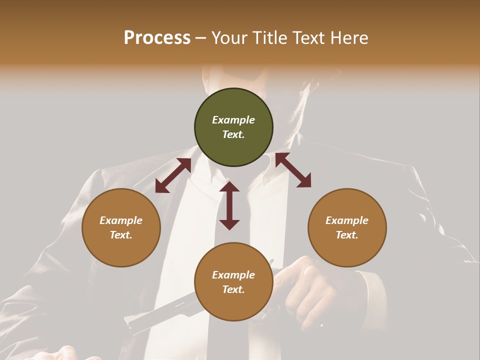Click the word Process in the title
[157, 38]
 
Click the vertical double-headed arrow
[229, 205]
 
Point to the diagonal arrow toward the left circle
[173, 175]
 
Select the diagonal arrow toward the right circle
[293, 170]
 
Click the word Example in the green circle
[233, 120]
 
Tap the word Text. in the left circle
[121, 235]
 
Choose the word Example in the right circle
[347, 220]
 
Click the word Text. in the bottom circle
[233, 289]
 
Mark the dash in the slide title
[201, 38]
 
